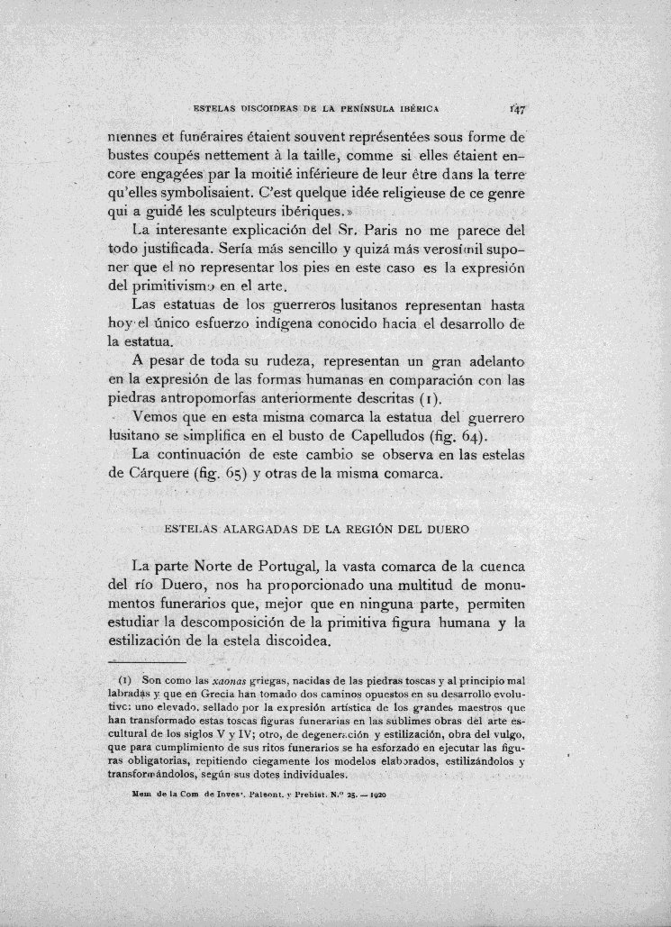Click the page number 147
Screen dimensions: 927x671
(517, 109)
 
